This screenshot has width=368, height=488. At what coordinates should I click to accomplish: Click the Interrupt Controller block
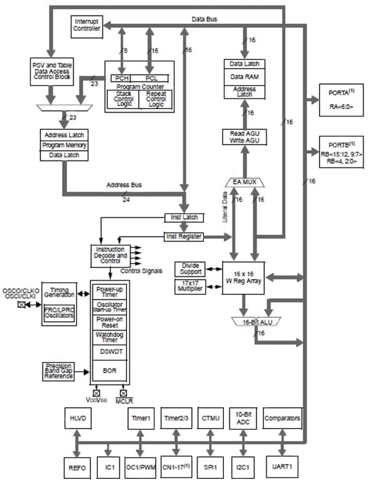86,25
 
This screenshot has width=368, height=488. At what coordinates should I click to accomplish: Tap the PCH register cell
120,78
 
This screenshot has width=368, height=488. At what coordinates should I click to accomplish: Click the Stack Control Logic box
123,99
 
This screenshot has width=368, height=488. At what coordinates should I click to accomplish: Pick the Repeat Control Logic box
156,99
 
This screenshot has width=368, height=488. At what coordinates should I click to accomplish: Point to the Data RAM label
243,77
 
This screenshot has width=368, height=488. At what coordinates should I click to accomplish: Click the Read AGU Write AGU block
243,137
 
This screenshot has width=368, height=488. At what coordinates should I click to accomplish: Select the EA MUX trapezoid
243,182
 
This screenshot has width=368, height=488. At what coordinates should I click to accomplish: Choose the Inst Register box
183,236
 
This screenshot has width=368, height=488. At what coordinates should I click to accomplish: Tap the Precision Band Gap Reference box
58,370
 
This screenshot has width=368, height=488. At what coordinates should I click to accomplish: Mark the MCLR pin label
124,401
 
